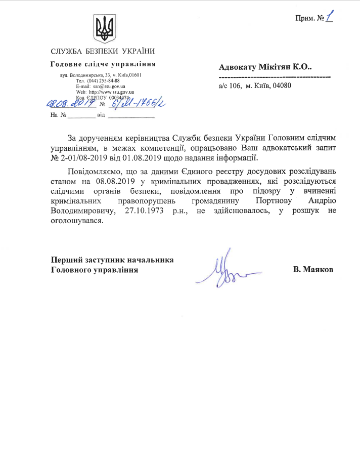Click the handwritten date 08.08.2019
click(71, 104)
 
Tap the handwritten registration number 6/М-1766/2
click(137, 104)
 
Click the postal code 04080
click(282, 86)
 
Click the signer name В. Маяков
click(313, 269)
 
